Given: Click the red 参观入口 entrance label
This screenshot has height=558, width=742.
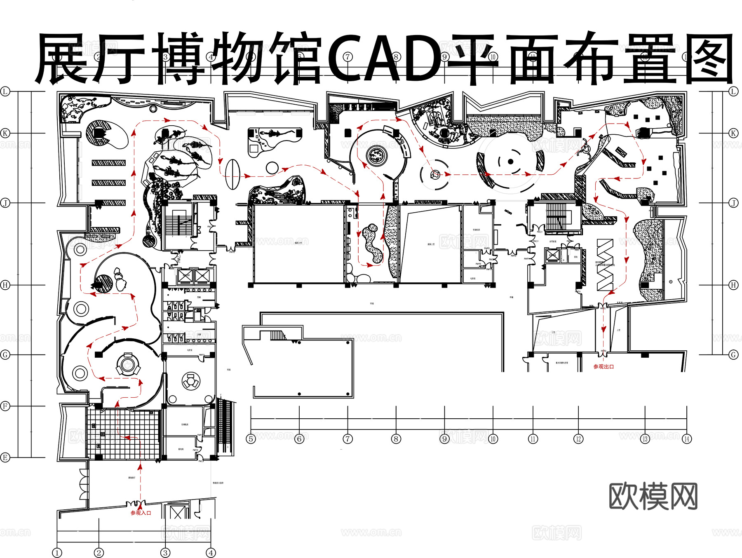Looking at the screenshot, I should (141, 513).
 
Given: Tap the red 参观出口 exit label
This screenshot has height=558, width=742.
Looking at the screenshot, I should (603, 366).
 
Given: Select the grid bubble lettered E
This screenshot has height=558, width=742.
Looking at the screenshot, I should (5, 457).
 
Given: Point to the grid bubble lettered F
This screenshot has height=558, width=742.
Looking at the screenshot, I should (5, 406).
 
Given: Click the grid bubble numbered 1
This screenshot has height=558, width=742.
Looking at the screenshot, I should (57, 553).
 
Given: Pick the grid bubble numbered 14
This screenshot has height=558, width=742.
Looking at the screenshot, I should (687, 439).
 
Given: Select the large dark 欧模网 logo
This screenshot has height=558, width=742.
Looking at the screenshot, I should (653, 496).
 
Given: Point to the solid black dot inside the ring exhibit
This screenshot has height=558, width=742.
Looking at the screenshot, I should (510, 162).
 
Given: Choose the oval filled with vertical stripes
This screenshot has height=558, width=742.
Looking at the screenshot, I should (232, 174).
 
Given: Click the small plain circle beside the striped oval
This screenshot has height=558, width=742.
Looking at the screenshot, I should (272, 168).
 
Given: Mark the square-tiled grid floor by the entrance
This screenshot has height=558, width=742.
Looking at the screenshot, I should (124, 435).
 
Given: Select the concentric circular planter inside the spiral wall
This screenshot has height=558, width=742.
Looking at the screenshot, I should (376, 156).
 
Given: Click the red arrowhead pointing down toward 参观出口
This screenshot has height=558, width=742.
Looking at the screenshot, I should (603, 329).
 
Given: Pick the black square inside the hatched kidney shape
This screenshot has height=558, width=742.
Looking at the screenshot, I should (99, 133).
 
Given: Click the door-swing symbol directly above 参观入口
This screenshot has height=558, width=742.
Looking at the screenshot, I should (136, 504).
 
